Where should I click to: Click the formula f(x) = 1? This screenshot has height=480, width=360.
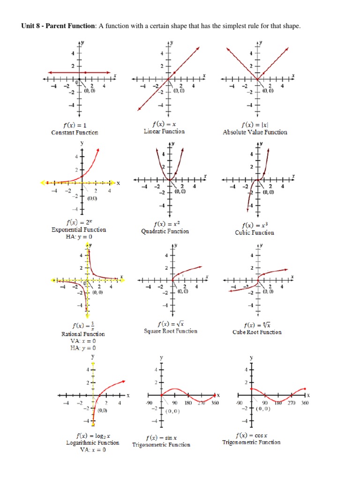pos(75,125)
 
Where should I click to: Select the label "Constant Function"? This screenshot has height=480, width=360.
pos(75,133)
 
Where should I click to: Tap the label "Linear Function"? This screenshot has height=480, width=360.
pos(164,132)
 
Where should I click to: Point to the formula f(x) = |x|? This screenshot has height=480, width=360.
pos(255,125)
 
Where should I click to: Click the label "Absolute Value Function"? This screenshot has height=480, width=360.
pos(255,133)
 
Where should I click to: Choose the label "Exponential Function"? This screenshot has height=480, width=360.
pos(79,230)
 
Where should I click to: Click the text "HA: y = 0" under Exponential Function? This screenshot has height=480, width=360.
pos(79,237)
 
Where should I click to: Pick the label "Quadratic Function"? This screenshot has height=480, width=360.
pos(165,232)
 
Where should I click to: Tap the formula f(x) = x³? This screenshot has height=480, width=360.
pos(255,225)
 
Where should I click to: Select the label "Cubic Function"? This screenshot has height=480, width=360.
pos(255,233)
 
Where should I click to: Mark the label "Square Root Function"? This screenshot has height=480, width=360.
pos(171,331)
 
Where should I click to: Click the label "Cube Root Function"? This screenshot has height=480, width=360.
pos(257,332)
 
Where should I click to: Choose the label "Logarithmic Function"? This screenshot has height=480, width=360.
pos(93,443)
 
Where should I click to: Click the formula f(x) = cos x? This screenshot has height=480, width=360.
pos(251,435)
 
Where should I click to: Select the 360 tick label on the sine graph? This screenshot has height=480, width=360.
pos(215,403)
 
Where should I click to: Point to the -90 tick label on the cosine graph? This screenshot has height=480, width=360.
pos(239,403)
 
